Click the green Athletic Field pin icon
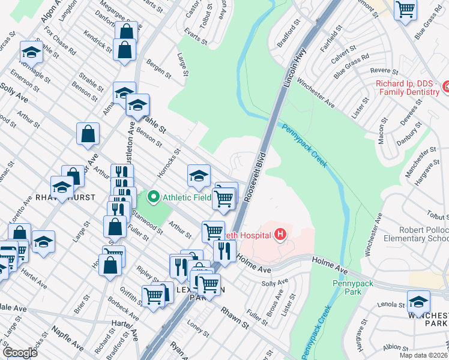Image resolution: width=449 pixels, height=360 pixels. coord(154,196)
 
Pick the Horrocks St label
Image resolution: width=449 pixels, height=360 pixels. coord(173,161)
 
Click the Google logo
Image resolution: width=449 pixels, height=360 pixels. coord(20,353)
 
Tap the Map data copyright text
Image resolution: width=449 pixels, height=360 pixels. coord(423,355)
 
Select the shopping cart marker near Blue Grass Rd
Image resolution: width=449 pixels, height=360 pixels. coord(406,9)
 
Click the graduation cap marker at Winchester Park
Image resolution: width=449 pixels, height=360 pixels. coord(418,301)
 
